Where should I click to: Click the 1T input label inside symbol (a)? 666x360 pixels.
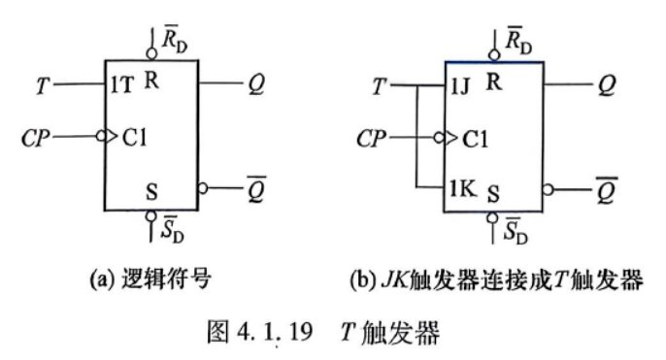click(121, 85)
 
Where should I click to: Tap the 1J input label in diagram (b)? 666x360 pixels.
click(459, 86)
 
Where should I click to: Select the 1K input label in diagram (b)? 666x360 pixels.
click(462, 188)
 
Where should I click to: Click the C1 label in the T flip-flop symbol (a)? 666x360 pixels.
click(134, 137)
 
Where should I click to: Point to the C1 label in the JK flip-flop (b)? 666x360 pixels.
click(475, 139)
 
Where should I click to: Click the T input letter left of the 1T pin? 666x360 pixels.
click(43, 85)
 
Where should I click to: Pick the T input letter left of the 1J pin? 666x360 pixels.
click(380, 87)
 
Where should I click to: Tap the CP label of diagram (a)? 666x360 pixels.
click(36, 138)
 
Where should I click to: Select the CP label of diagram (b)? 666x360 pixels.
click(371, 139)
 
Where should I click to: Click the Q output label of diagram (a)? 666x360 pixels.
click(256, 84)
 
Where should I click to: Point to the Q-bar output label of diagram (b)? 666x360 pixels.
click(606, 190)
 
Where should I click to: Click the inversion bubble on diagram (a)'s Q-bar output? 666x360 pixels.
click(203, 188)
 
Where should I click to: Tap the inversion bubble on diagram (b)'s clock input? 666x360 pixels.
click(439, 138)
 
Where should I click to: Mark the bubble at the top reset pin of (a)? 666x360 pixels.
click(151, 54)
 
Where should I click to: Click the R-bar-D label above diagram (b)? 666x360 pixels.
click(518, 41)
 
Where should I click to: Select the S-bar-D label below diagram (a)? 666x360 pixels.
click(173, 229)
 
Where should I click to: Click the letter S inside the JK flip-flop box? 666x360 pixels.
click(493, 194)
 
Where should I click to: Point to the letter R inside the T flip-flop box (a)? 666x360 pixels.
click(151, 80)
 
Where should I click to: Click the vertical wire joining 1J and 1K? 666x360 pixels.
click(417, 136)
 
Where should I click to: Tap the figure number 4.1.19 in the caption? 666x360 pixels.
click(275, 332)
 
